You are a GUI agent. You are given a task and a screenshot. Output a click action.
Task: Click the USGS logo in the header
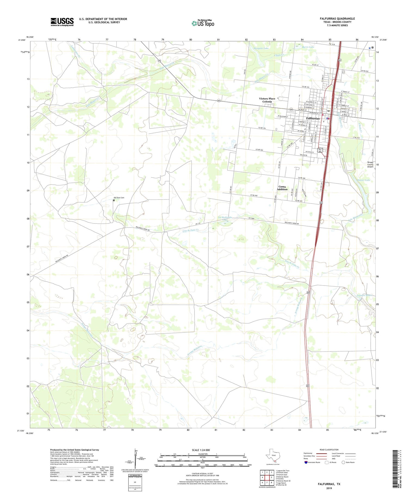[62, 22]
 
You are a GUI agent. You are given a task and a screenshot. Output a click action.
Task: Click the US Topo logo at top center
[203, 23]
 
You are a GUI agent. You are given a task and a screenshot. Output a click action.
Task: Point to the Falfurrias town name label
[313, 119]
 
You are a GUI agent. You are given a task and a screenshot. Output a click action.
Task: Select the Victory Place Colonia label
[267, 100]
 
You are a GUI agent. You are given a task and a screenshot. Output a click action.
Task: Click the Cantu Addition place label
[282, 188]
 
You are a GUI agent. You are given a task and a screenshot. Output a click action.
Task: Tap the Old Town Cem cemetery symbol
[114, 200]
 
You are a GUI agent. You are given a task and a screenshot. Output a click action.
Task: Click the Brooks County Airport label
[370, 165]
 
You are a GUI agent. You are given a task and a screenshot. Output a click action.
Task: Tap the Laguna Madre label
[364, 295]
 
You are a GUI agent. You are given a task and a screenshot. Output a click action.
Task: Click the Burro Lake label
[308, 47]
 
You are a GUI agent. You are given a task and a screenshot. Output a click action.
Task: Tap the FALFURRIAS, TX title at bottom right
[329, 484]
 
